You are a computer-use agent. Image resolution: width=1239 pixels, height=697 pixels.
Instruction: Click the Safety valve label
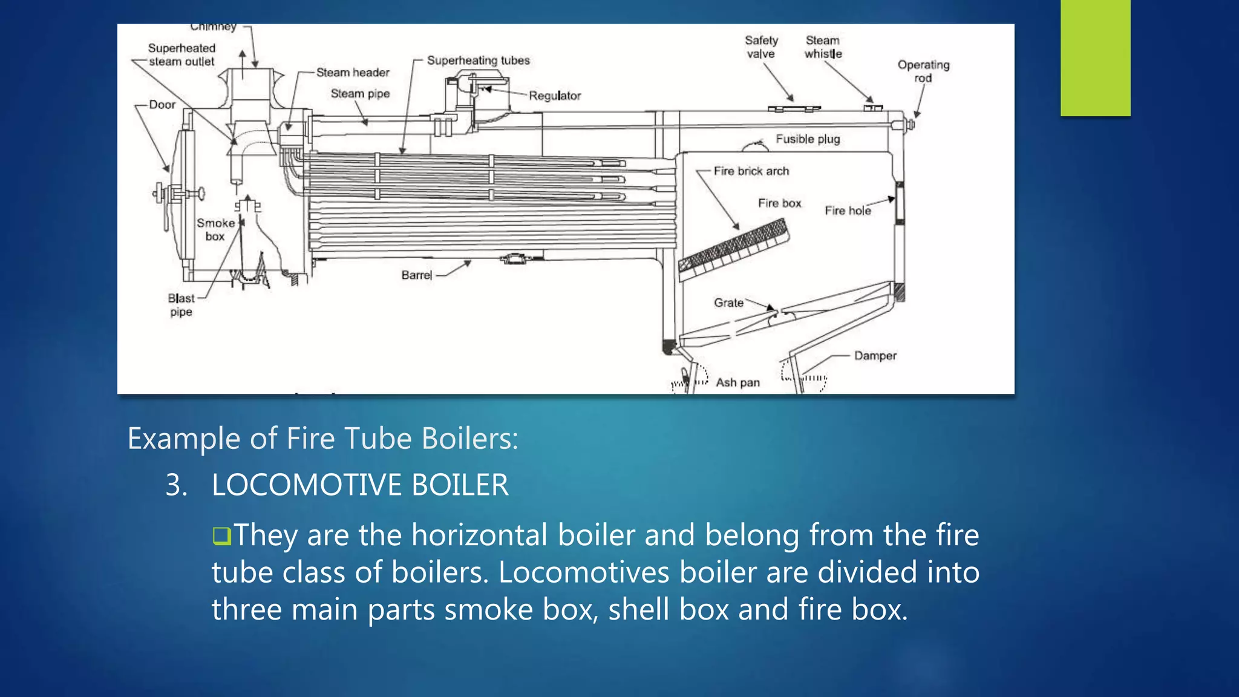[760, 47]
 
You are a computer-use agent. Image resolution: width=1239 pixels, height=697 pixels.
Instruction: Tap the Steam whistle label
[823, 47]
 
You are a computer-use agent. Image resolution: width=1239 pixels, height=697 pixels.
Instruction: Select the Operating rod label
[923, 71]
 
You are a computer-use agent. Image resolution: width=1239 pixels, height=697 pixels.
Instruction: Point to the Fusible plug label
[808, 139]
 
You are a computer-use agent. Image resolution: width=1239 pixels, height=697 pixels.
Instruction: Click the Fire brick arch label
[751, 171]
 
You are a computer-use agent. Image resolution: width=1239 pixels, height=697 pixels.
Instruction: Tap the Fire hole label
[848, 211]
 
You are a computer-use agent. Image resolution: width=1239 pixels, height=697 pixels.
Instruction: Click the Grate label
[728, 303]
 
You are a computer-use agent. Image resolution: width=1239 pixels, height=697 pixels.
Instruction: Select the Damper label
[875, 356]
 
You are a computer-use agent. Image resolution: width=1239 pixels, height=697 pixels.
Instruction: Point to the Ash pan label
[737, 382]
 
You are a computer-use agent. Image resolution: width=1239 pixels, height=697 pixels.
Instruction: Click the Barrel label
[417, 275]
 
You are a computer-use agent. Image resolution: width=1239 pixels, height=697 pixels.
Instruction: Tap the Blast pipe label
[181, 305]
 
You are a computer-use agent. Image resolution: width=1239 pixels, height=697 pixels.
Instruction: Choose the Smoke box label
[215, 229]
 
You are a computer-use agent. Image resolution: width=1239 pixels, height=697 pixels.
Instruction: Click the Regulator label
[555, 96]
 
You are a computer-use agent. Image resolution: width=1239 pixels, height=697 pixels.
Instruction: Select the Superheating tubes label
[478, 61]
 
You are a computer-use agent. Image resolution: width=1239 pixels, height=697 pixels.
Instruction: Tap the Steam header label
[353, 73]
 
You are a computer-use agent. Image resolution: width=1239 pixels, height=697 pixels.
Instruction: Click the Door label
[162, 105]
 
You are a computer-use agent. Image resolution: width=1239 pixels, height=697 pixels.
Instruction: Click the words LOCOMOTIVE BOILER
[360, 485]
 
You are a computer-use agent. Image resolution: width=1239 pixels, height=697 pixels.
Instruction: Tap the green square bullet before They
[222, 536]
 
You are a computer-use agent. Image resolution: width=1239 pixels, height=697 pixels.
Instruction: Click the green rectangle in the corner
[1095, 57]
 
